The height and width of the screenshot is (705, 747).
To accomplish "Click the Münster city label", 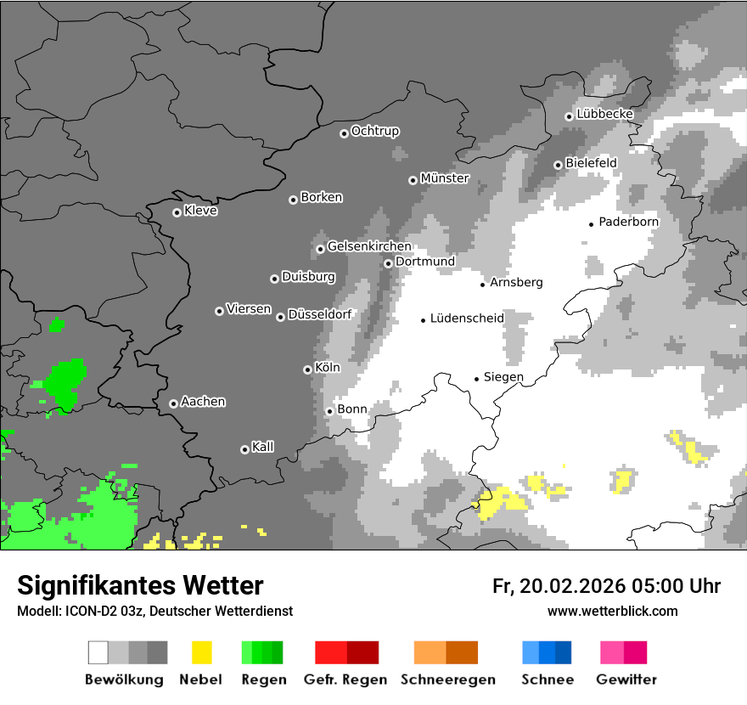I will click(x=445, y=178).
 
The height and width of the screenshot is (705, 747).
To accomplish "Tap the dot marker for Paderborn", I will click(x=592, y=224).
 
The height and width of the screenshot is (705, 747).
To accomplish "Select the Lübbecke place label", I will click(x=604, y=114).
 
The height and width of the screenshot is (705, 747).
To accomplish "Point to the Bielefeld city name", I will click(x=591, y=163).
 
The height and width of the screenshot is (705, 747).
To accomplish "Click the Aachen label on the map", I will click(x=203, y=402).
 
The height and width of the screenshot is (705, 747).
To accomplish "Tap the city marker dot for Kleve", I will click(x=177, y=212).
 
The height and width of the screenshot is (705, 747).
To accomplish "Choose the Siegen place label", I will click(x=503, y=377).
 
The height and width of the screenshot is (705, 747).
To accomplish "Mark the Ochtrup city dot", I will click(x=344, y=133).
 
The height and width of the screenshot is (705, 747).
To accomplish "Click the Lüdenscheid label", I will click(x=467, y=319).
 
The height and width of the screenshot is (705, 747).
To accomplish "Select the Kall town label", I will click(x=263, y=447).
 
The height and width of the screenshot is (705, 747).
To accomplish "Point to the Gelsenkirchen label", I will click(x=369, y=246).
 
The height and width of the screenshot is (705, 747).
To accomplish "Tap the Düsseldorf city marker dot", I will click(x=280, y=317).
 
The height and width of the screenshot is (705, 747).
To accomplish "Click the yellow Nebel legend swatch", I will click(x=202, y=652).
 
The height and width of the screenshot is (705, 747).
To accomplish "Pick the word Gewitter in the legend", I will click(x=626, y=680).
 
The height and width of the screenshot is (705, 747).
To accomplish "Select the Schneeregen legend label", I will click(x=448, y=680).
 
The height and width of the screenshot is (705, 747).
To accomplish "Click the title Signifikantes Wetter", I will click(x=140, y=585).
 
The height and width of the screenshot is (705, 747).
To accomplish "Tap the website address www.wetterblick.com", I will click(x=612, y=611).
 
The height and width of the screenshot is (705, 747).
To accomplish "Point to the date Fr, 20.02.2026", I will click(x=559, y=586).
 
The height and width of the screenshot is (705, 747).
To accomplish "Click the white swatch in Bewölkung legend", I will click(x=98, y=652).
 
